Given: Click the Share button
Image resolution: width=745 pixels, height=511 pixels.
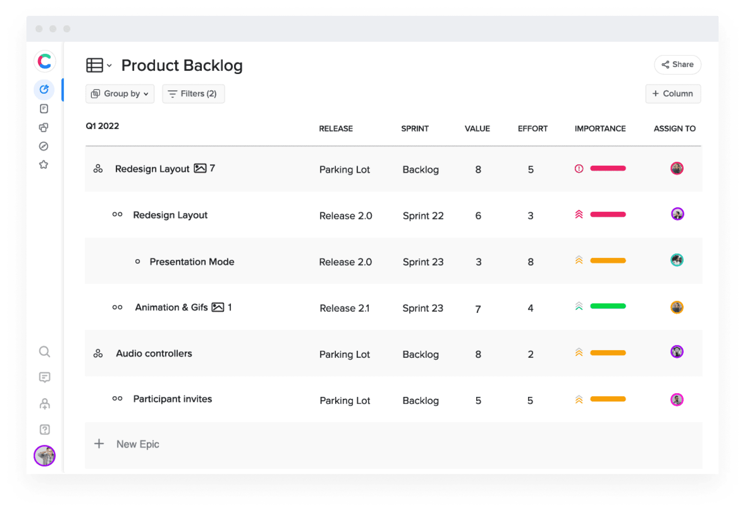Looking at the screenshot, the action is [677, 64].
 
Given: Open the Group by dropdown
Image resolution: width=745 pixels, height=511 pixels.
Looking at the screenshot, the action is [120, 94].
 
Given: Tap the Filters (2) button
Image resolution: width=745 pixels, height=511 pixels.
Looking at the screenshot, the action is [193, 94].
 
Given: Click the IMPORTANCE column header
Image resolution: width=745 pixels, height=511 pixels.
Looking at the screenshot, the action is [600, 128].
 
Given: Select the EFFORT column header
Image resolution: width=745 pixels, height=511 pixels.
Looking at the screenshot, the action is [533, 128].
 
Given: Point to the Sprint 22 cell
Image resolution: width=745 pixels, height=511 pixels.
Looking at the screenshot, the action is [423, 216].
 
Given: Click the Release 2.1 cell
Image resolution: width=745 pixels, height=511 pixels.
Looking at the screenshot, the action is [344, 308].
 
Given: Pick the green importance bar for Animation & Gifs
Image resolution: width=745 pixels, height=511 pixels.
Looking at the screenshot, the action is [608, 306].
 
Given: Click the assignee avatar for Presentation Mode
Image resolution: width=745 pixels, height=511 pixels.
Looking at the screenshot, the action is [677, 260].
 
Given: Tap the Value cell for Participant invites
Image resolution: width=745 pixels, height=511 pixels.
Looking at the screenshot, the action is [478, 400].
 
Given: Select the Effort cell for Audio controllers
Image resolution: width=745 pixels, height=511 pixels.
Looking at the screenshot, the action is [530, 354].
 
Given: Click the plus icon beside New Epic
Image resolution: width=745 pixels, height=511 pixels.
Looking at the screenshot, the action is [99, 444].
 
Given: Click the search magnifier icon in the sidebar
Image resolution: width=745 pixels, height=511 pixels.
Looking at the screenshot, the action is [45, 352].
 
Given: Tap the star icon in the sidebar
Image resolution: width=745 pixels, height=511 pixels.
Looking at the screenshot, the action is [44, 164].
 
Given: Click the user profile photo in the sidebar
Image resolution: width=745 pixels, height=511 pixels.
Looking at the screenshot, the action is [45, 456].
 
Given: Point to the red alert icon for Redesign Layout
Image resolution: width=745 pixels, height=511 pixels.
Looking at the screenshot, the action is [579, 169].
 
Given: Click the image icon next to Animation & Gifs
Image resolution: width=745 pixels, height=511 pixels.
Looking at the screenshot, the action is [218, 307].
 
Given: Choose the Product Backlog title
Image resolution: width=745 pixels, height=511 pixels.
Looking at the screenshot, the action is [182, 65].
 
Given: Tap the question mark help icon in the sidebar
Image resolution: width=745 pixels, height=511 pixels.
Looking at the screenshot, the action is [45, 429].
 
